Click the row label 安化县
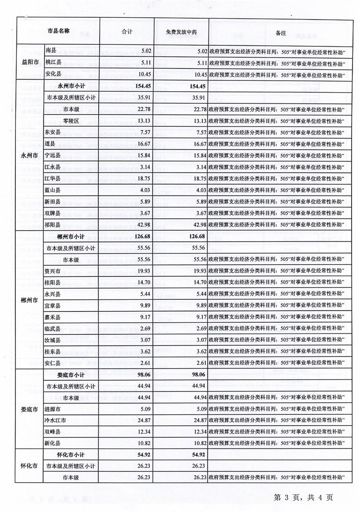[53, 74]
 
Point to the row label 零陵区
[71, 121]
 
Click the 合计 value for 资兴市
[144, 271]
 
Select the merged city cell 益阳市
[30, 63]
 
